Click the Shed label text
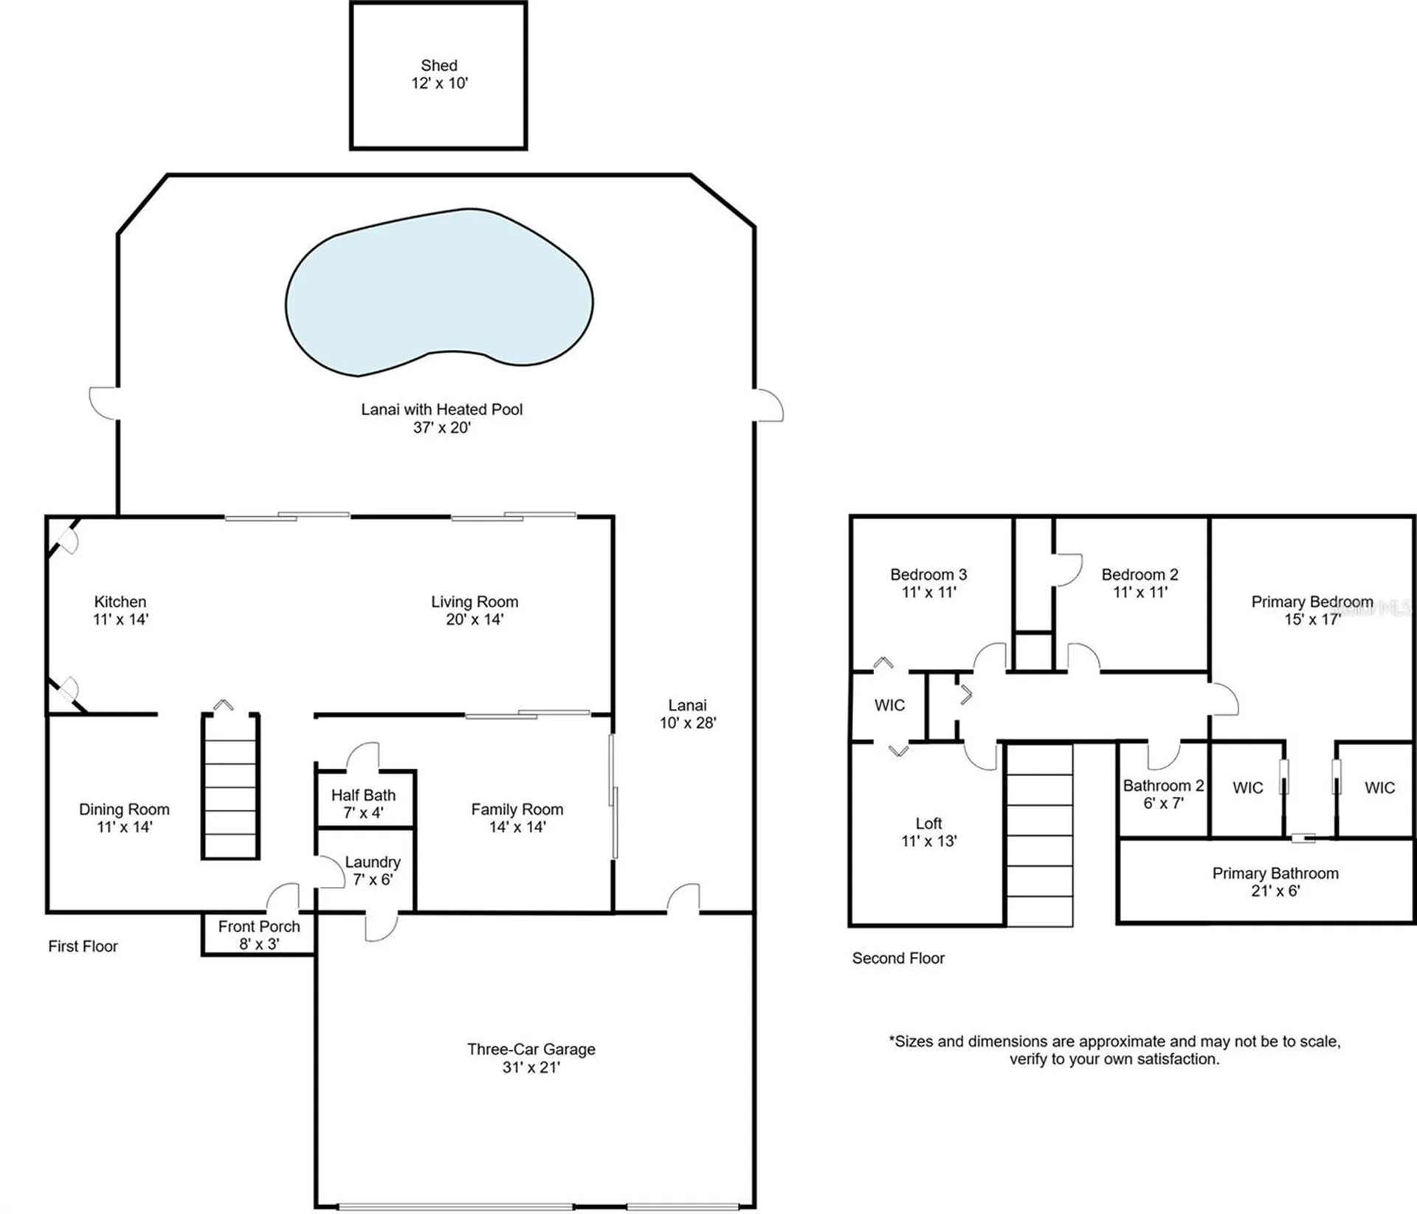(x=439, y=66)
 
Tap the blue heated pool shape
(x=439, y=295)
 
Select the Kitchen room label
(x=120, y=602)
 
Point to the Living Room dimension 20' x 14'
(x=475, y=620)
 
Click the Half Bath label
(x=363, y=795)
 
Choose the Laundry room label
(x=373, y=863)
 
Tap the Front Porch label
(x=259, y=927)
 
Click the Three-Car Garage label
(x=531, y=1049)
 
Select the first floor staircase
(x=230, y=786)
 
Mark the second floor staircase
(x=1040, y=834)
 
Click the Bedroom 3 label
(x=928, y=575)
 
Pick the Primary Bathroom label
(x=1275, y=874)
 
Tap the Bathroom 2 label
(x=1163, y=786)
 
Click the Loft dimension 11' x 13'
(x=928, y=841)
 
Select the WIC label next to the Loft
(x=889, y=705)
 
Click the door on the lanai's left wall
(x=104, y=403)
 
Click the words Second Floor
(x=898, y=958)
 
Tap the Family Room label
(x=517, y=809)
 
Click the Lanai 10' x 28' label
(x=687, y=714)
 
